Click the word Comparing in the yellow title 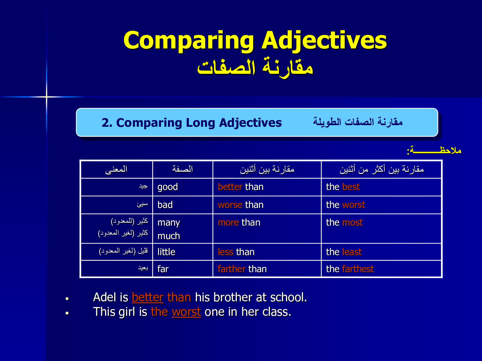click(189, 40)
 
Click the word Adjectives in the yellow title click(324, 40)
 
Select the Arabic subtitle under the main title click(255, 67)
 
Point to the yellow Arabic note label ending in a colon click(434, 150)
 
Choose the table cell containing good click(183, 187)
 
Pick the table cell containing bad click(183, 205)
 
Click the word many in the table click(169, 223)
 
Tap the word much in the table click(169, 236)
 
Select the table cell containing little click(183, 252)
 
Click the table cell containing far click(183, 269)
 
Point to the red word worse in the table click(230, 205)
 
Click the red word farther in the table click(232, 269)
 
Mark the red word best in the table click(351, 187)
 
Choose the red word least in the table click(352, 252)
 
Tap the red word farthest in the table click(358, 269)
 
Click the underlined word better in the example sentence click(147, 297)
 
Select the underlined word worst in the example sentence click(186, 312)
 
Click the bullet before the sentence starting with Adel click(67, 298)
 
